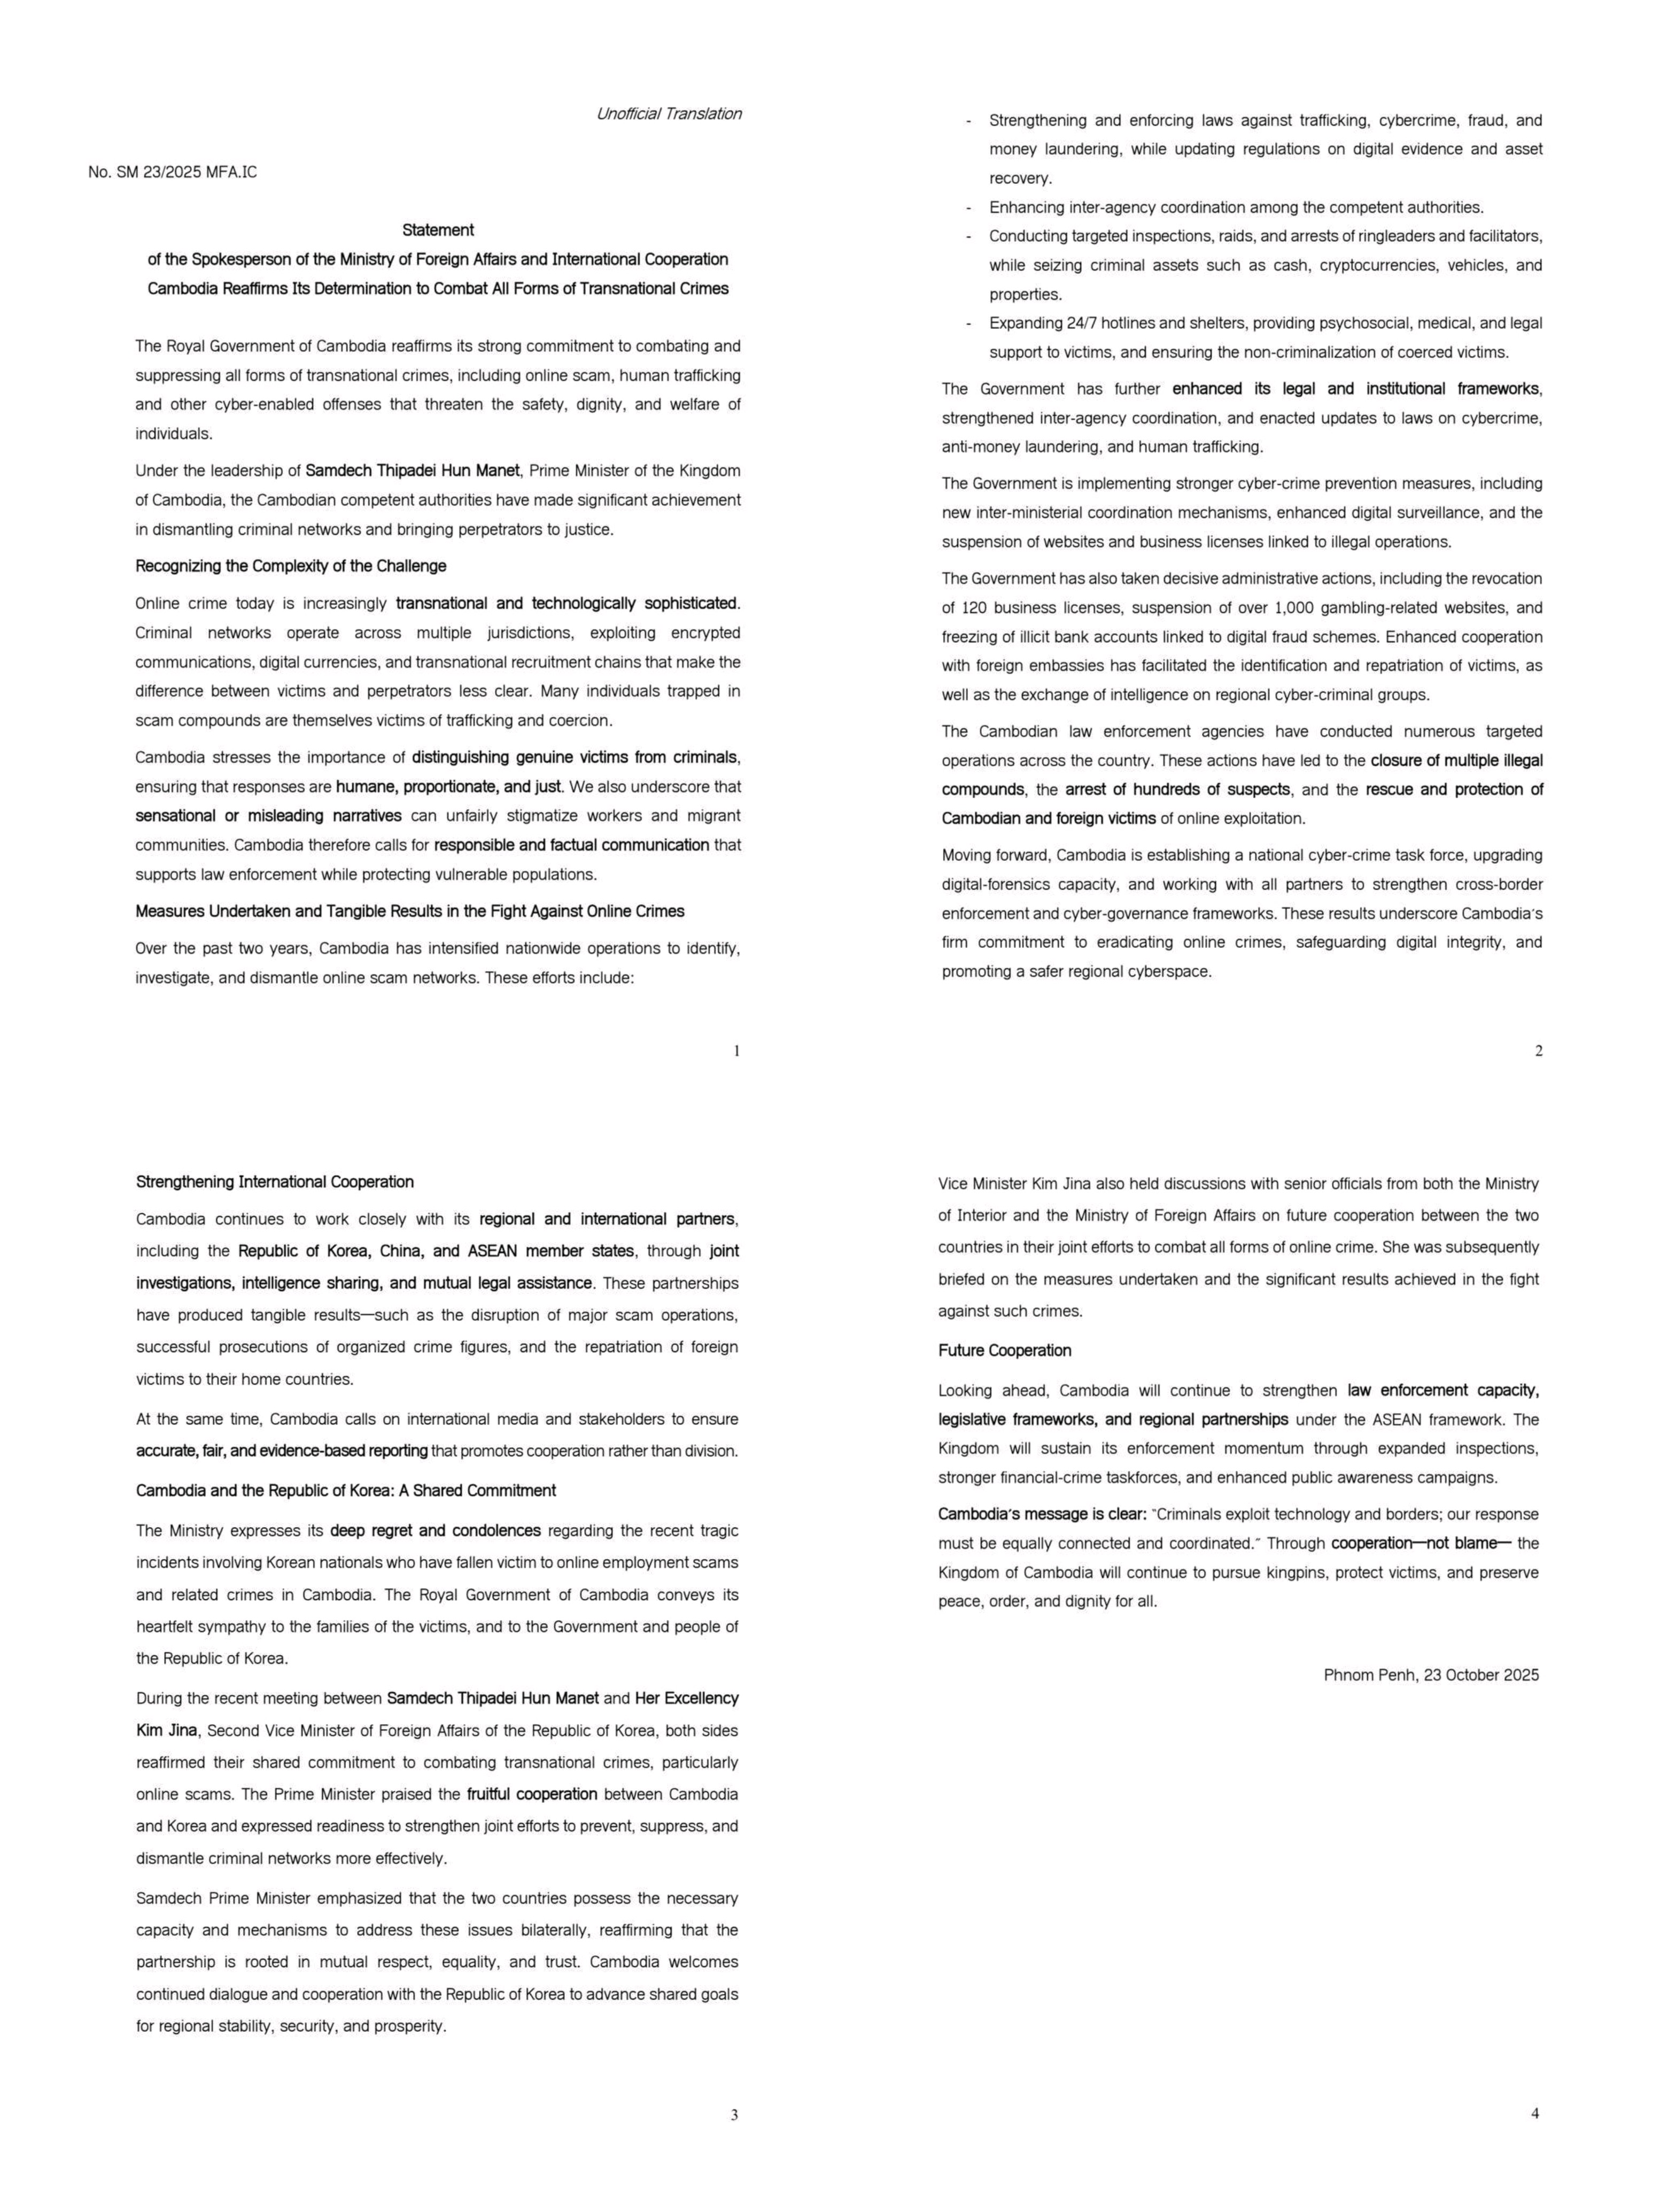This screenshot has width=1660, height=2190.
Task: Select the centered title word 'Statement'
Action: (438, 230)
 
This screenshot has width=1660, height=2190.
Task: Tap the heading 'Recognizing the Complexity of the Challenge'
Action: (291, 566)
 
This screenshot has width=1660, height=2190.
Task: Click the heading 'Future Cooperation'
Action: (1005, 1351)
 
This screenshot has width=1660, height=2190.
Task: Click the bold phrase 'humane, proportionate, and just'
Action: (448, 787)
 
